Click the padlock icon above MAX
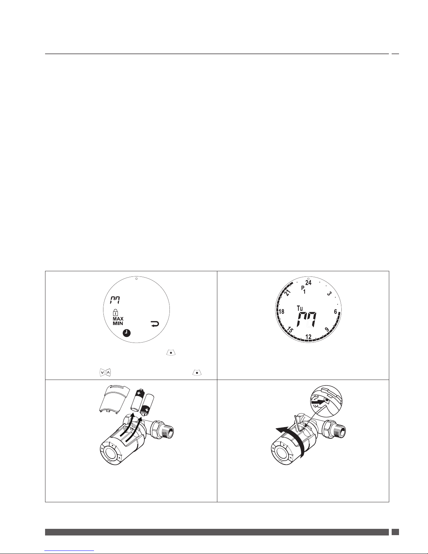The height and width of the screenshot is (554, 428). coord(115,312)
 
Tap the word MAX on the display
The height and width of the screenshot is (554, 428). coord(118,319)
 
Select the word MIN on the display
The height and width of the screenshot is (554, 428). coord(118,323)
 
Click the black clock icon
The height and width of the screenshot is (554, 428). coord(126,333)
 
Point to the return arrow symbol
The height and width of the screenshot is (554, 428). coord(155,324)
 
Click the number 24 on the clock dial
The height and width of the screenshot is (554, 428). coord(308,282)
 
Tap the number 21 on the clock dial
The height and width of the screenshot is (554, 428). coord(288,293)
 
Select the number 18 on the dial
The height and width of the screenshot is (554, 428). coord(282,311)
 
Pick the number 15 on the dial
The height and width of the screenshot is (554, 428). coord(290,330)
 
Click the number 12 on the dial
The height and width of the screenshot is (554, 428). coord(308,337)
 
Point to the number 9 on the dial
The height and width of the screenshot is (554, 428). coord(327,329)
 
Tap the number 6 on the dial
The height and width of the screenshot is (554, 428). coord(335,311)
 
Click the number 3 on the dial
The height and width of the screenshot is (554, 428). coord(329,294)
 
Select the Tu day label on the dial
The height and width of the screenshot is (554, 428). coord(300,308)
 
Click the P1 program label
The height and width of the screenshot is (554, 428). coord(303,290)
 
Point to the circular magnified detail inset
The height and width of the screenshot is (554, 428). coord(326,401)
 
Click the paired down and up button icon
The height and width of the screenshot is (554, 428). coord(105,373)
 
